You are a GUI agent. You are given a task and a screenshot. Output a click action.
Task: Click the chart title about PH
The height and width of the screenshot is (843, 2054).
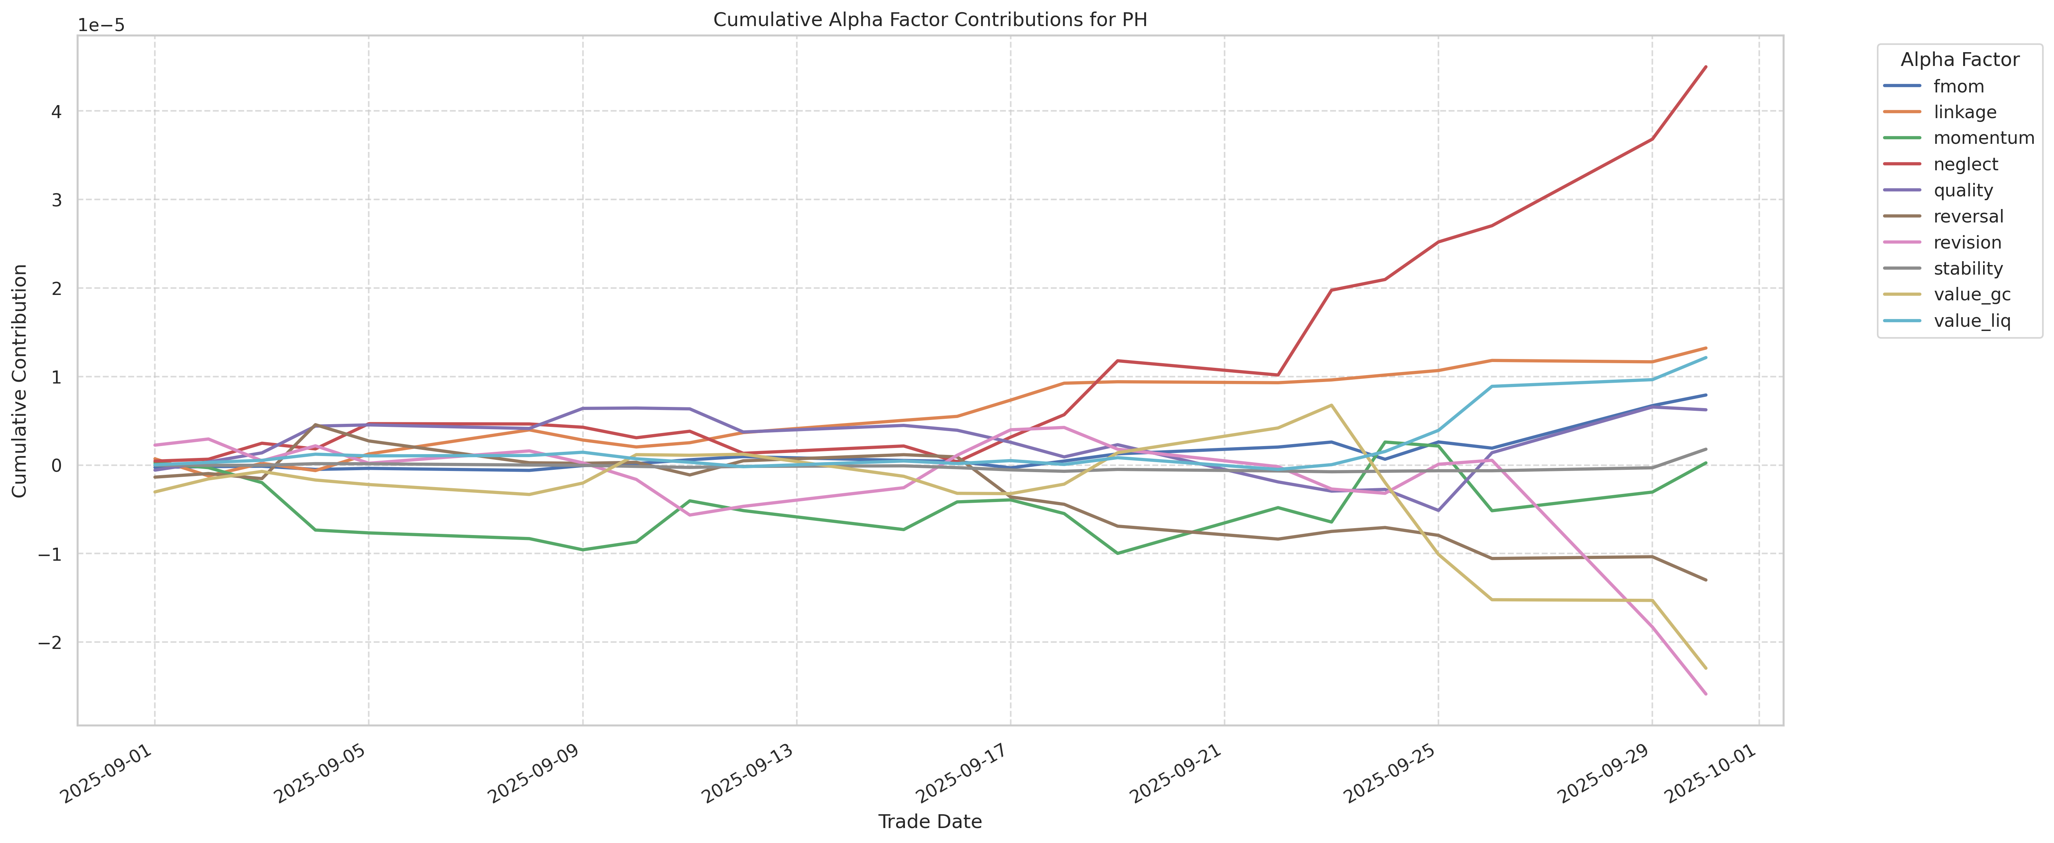(x=930, y=20)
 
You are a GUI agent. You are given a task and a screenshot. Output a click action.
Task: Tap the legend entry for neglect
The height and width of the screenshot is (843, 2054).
(x=1965, y=164)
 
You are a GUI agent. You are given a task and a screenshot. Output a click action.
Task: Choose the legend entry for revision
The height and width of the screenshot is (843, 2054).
(x=1967, y=242)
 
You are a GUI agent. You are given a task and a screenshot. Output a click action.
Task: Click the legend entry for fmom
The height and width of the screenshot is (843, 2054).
(x=1958, y=86)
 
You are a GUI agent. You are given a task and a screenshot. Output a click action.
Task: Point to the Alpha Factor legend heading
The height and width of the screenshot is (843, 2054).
(x=1959, y=60)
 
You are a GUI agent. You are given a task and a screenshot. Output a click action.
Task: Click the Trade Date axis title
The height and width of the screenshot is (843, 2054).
(x=930, y=822)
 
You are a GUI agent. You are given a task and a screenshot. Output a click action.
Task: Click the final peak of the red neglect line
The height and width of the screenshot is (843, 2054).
(x=1706, y=67)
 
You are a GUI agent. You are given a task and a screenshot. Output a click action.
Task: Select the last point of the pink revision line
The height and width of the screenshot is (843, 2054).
(x=1706, y=694)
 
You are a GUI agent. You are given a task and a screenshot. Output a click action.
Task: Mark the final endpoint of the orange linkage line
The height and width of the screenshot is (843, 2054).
(x=1706, y=348)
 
